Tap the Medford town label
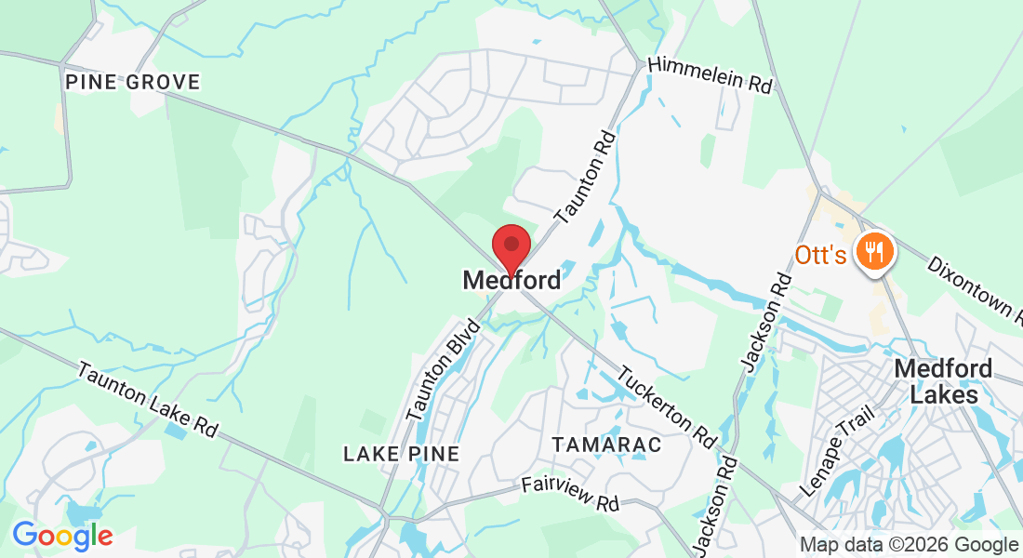[511, 280]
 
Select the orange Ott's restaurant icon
[873, 250]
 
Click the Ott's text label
[819, 254]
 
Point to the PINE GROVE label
[133, 83]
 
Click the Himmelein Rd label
[710, 73]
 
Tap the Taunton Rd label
[585, 178]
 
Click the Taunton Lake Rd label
[148, 400]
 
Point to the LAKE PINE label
[402, 454]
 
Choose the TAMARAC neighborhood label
[606, 445]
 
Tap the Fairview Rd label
[570, 493]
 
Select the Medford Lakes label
[943, 381]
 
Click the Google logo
[62, 536]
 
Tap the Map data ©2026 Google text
[910, 545]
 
